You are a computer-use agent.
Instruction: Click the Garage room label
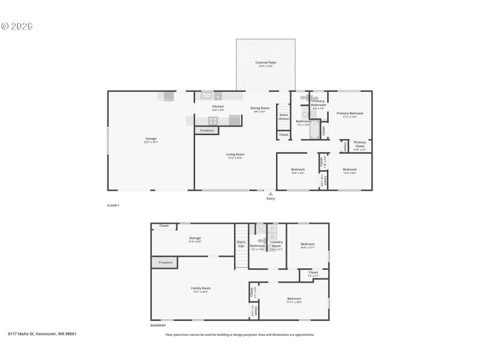[151, 139]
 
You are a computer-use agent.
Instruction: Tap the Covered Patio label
[265, 62]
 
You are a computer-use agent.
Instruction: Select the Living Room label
[235, 154]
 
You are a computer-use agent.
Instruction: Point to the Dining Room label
[260, 108]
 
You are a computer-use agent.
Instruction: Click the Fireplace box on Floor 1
[207, 130]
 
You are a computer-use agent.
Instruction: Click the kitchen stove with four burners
[213, 120]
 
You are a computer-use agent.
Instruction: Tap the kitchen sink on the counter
[206, 95]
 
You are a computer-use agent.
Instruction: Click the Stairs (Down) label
[284, 116]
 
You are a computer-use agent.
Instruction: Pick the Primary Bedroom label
[349, 113]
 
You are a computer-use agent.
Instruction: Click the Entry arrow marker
[271, 194]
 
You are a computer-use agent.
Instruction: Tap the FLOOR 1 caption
[113, 205]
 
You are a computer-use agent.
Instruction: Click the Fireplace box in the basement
[166, 262]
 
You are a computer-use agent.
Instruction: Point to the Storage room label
[194, 238]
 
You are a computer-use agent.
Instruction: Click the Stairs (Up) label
[241, 244]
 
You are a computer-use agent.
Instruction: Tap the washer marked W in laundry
[272, 237]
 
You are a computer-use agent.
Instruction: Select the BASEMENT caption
[158, 325]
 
